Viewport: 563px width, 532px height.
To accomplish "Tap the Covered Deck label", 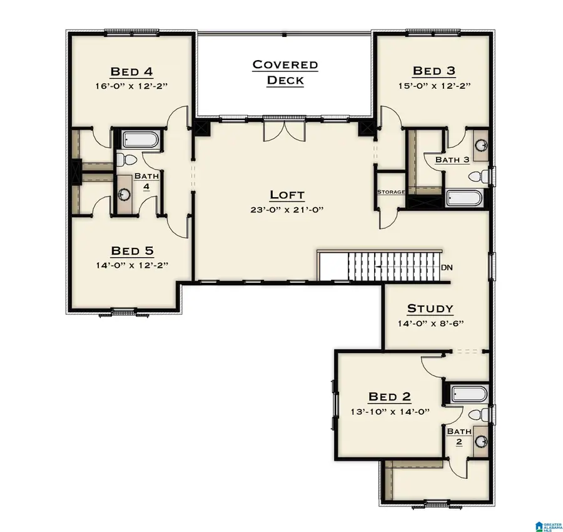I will pos(285,72).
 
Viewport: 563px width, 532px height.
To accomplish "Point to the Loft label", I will pos(287,195).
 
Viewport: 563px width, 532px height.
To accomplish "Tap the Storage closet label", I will pos(390,192).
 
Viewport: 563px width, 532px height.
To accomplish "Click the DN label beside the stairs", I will pos(447,268).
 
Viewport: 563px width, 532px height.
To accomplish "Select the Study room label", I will pos(430,309).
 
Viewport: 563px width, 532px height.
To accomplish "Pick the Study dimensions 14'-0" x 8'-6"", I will pos(430,324).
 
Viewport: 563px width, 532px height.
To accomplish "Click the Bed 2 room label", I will pos(390,396).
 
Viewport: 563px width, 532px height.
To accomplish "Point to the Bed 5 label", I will pos(132,251).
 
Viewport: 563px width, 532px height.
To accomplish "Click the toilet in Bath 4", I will pos(124,161).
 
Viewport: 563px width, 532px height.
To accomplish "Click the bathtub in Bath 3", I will pos(464,198).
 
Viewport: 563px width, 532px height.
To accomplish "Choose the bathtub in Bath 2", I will pos(469,394).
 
